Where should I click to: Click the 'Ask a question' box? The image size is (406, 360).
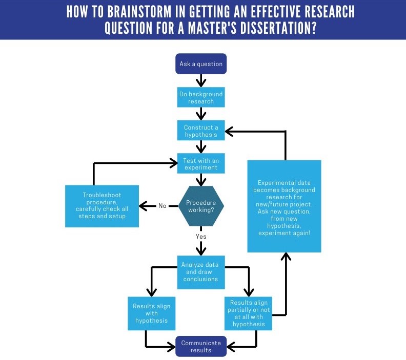201,64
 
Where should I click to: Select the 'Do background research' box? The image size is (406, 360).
201,97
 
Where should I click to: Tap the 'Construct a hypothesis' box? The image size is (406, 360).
201,131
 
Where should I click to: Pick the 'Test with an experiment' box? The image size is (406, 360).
201,163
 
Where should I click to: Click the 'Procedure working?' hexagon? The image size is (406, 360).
201,206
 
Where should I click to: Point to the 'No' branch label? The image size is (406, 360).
163,206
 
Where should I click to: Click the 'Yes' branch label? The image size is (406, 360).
201,237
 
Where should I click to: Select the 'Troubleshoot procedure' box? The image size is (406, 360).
102,206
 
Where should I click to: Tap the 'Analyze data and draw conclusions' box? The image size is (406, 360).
201,272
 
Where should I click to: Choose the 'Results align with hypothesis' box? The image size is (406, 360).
151,313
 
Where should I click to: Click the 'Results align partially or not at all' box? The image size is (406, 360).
248,313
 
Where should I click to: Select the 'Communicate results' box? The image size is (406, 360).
201,347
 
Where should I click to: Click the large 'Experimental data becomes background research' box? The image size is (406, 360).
285,206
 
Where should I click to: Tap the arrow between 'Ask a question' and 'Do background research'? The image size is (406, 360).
201,81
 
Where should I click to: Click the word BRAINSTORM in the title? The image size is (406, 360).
139,12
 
